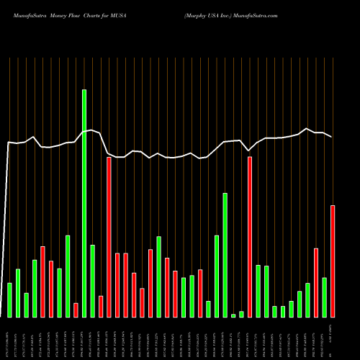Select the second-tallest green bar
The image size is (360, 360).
(225, 255)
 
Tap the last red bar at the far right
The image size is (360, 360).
(333, 261)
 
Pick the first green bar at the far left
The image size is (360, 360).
(9, 300)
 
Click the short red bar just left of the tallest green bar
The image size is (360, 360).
(76, 310)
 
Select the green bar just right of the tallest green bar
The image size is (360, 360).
(92, 281)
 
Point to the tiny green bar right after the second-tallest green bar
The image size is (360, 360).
(233, 315)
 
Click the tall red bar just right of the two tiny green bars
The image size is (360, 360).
(250, 237)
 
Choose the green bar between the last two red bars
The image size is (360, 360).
(325, 297)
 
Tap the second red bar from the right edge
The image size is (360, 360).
(316, 282)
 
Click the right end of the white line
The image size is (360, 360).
(331, 137)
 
